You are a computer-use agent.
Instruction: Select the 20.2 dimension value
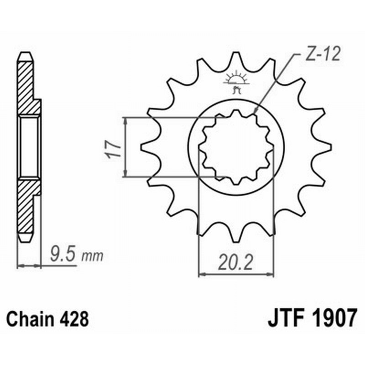coord(235,263)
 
